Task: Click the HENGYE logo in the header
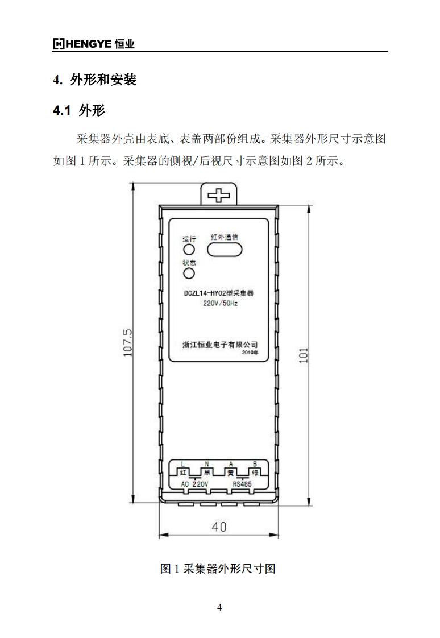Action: [94, 44]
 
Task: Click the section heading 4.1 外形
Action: [78, 110]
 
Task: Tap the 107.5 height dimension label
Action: [128, 342]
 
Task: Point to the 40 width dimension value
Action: [219, 527]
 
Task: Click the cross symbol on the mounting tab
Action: [218, 196]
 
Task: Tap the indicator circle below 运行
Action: [189, 250]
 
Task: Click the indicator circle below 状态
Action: [189, 274]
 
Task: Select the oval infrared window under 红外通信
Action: [225, 249]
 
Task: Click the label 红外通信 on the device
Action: [225, 237]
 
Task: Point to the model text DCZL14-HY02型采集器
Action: [218, 294]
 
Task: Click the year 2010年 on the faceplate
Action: [249, 353]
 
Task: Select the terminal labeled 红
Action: [183, 472]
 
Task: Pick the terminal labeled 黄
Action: [231, 472]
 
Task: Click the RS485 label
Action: [242, 483]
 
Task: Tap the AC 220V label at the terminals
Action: [195, 483]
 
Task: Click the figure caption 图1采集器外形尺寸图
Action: [218, 568]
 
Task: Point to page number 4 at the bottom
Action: [219, 607]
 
